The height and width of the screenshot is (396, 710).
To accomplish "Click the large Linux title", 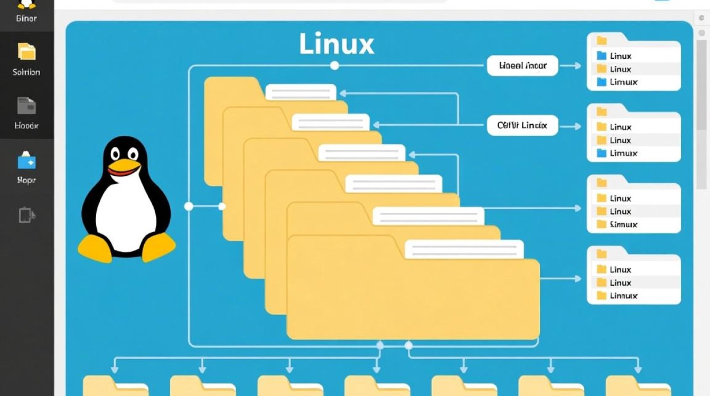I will click(337, 44).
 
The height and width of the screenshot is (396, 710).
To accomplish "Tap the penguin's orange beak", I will click(124, 166).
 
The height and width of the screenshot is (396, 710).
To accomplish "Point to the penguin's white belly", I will click(127, 216).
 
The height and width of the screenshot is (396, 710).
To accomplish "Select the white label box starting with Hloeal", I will click(522, 66).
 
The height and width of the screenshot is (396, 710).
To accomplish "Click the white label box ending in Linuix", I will click(522, 126).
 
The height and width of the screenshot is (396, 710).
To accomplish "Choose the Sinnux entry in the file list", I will click(623, 224).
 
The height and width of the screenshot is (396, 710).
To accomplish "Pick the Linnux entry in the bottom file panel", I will click(623, 296).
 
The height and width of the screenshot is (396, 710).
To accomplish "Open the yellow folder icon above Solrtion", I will click(26, 52).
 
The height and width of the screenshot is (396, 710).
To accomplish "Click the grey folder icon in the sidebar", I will click(26, 106).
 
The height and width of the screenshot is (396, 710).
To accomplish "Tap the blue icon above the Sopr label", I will click(26, 160).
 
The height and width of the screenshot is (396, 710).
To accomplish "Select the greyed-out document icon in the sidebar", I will click(26, 215).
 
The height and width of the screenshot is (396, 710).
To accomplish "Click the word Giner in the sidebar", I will click(26, 18).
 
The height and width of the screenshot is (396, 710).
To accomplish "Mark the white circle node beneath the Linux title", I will click(334, 65).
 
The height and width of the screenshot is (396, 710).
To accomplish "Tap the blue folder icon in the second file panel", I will click(601, 153).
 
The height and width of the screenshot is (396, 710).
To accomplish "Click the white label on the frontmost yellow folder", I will click(464, 249).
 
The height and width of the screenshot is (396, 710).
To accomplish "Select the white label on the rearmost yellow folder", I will click(301, 92).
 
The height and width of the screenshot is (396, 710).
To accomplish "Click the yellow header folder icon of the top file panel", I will click(601, 40).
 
